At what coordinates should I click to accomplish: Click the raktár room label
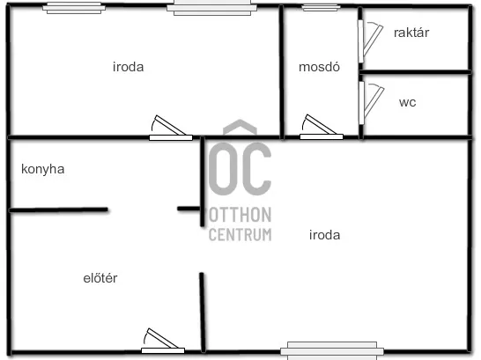pyautogui.click(x=411, y=33)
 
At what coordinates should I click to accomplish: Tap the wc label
pyautogui.click(x=407, y=102)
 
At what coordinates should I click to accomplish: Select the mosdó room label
pyautogui.click(x=319, y=67)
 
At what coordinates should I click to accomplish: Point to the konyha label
pyautogui.click(x=42, y=169)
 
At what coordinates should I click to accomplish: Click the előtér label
pyautogui.click(x=100, y=278)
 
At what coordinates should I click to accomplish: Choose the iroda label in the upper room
pyautogui.click(x=128, y=67)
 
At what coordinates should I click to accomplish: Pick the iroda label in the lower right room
pyautogui.click(x=324, y=235)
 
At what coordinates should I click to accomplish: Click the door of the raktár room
pyautogui.click(x=370, y=41)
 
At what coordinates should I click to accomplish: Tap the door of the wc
pyautogui.click(x=371, y=103)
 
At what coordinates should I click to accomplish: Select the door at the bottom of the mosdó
pyautogui.click(x=322, y=128)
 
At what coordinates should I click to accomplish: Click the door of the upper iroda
pyautogui.click(x=171, y=129)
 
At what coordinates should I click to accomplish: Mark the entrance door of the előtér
pyautogui.click(x=163, y=341)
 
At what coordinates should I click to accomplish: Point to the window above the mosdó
pyautogui.click(x=322, y=8)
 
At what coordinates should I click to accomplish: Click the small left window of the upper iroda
pyautogui.click(x=74, y=8)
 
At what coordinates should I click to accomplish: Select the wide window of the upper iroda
pyautogui.click(x=212, y=7)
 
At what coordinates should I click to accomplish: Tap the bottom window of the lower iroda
pyautogui.click(x=332, y=351)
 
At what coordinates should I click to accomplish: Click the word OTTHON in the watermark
pyautogui.click(x=240, y=215)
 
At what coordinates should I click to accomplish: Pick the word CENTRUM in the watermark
pyautogui.click(x=240, y=235)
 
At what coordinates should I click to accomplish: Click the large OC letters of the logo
pyautogui.click(x=240, y=168)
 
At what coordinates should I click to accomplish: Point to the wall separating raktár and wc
pyautogui.click(x=415, y=72)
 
